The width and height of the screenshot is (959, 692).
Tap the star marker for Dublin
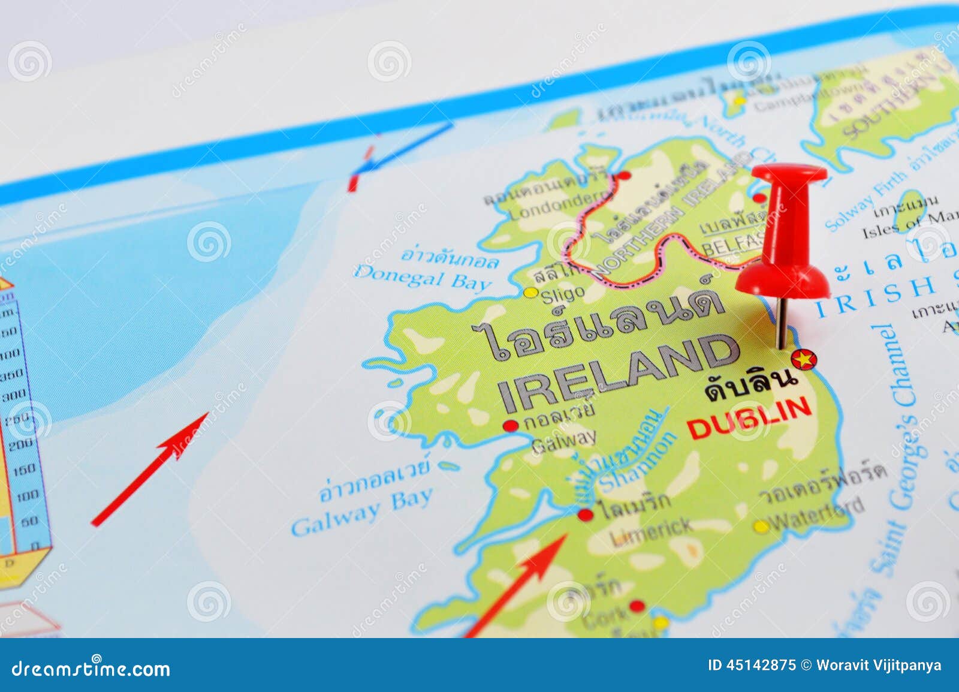pyautogui.click(x=803, y=360)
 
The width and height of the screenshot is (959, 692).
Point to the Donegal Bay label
pyautogui.click(x=423, y=279)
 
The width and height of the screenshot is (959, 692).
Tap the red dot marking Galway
pyautogui.click(x=511, y=426)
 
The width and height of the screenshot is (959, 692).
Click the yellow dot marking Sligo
pyautogui.click(x=530, y=293)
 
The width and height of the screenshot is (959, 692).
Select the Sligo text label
pyautogui.click(x=562, y=294)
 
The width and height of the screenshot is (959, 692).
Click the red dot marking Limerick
pyautogui.click(x=585, y=515)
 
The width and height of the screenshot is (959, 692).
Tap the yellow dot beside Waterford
pyautogui.click(x=761, y=527)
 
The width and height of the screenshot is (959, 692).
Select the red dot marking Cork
pyautogui.click(x=637, y=606)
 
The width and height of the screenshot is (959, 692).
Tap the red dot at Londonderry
pyautogui.click(x=624, y=176)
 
